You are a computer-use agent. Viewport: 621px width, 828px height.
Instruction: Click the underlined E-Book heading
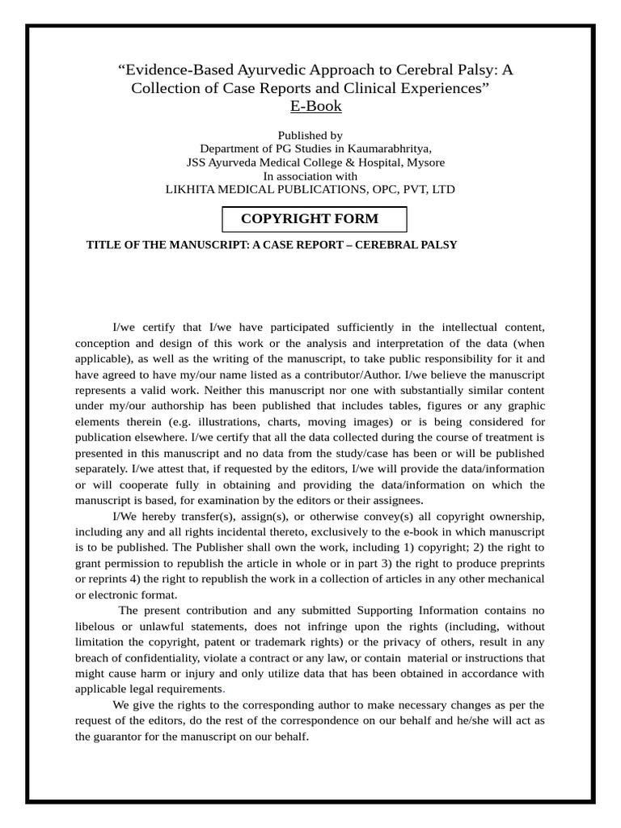[315, 106]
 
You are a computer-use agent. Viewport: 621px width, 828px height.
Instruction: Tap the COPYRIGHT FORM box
[314, 219]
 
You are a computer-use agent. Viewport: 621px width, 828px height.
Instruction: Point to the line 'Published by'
[310, 135]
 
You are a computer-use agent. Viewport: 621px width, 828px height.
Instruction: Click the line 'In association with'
[310, 175]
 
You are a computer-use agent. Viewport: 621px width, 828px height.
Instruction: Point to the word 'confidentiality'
[155, 657]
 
